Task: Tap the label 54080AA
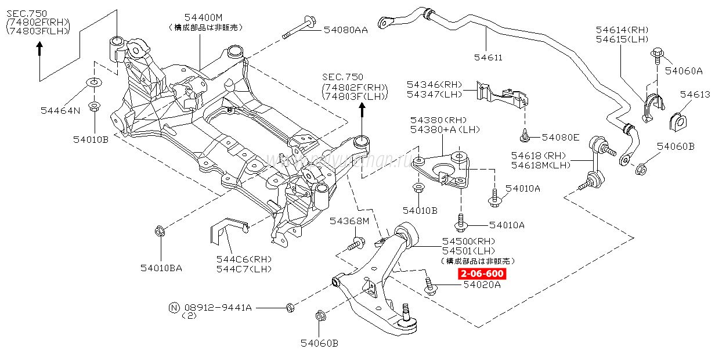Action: point(345,30)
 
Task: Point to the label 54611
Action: point(488,57)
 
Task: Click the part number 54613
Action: point(695,94)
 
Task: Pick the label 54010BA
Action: point(161,268)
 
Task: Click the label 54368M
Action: point(349,221)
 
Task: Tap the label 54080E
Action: point(560,137)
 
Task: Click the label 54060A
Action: point(683,71)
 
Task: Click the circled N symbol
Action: point(173,307)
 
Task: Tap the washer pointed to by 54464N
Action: point(93,82)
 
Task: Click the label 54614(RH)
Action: point(622,30)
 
